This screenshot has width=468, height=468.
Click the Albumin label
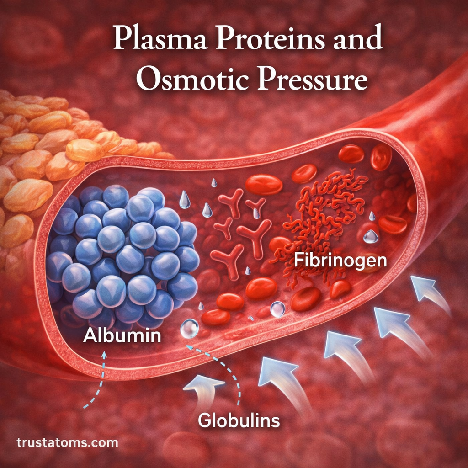coord(122,336)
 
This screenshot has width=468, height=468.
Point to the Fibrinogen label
coord(340,261)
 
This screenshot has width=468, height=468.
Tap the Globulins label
coord(239,420)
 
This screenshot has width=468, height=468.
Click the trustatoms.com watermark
coord(67,442)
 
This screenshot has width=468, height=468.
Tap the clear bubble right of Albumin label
coord(189,328)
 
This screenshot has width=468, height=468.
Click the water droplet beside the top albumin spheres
coord(184,200)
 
